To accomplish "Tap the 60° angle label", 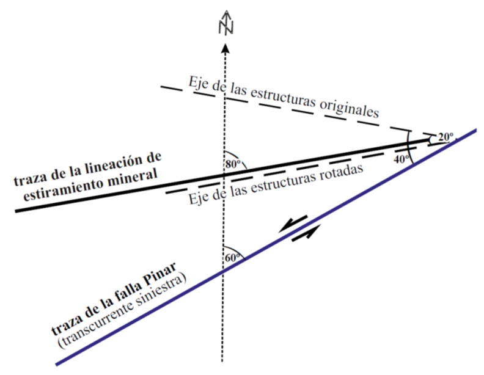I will click(x=232, y=257).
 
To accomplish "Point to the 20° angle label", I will click(x=446, y=137).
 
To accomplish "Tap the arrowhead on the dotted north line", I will click(x=226, y=48).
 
